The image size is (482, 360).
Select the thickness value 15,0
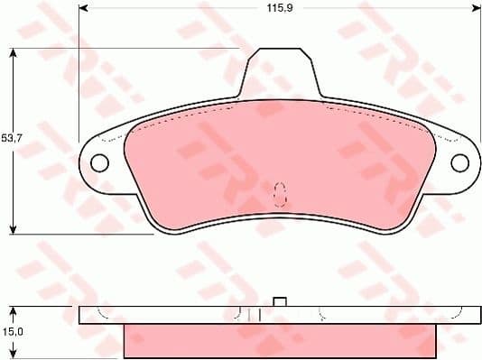[x=12, y=335]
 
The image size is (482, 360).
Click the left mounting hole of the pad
[x=99, y=162]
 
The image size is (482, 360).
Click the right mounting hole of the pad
[x=460, y=162]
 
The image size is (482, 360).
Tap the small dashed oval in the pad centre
[x=280, y=191]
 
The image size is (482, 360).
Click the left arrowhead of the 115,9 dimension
[x=84, y=8]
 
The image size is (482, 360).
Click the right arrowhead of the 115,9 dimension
[x=476, y=8]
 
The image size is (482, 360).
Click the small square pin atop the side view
[x=280, y=301]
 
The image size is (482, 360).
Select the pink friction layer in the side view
[x=280, y=341]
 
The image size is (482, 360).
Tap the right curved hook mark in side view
[x=454, y=312]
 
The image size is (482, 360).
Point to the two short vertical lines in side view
[x=254, y=315]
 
